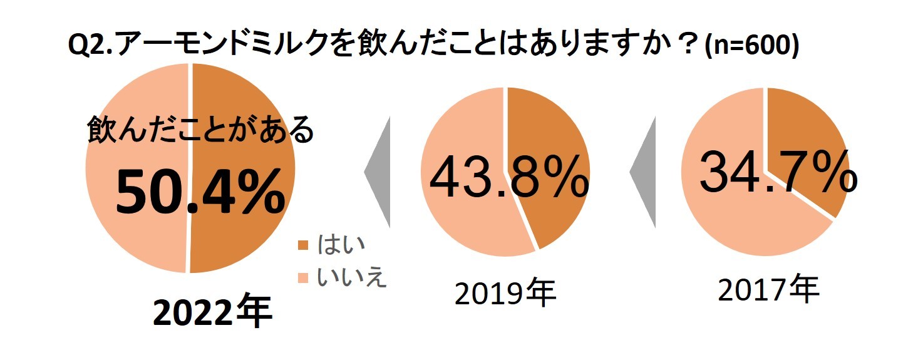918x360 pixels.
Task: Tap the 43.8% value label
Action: tap(508, 178)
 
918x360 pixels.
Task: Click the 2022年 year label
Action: tap(213, 314)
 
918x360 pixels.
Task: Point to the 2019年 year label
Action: tap(505, 293)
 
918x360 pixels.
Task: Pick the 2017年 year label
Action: tap(768, 289)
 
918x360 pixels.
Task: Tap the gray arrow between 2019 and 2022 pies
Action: tap(378, 170)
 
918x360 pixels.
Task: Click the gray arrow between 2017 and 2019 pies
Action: tap(643, 170)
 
